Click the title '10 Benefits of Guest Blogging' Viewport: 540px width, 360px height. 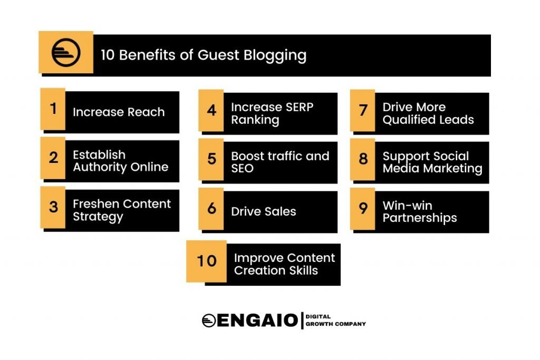coord(204,55)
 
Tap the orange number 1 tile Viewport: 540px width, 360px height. coord(53,109)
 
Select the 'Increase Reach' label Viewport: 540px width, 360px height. coord(119,112)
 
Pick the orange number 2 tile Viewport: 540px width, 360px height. coord(53,158)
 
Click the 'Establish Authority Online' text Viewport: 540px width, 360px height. coord(121,161)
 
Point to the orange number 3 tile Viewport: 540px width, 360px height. coord(53,207)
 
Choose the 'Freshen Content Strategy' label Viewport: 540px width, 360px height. coord(122,210)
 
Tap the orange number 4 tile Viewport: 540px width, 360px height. coord(211,110)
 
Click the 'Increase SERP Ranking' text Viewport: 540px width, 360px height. coord(272,113)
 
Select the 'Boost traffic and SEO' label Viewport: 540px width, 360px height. coord(280,162)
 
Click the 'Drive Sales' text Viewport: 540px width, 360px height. coord(264,212)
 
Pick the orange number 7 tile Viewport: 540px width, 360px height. coord(363,110)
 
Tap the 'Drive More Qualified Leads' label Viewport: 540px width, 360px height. coord(428,113)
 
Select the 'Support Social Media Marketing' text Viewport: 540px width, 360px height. coord(432,162)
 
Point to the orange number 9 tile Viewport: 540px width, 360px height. coord(363,208)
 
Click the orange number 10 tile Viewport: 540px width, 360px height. coord(206,261)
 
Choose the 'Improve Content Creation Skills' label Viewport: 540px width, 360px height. coord(284,264)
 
